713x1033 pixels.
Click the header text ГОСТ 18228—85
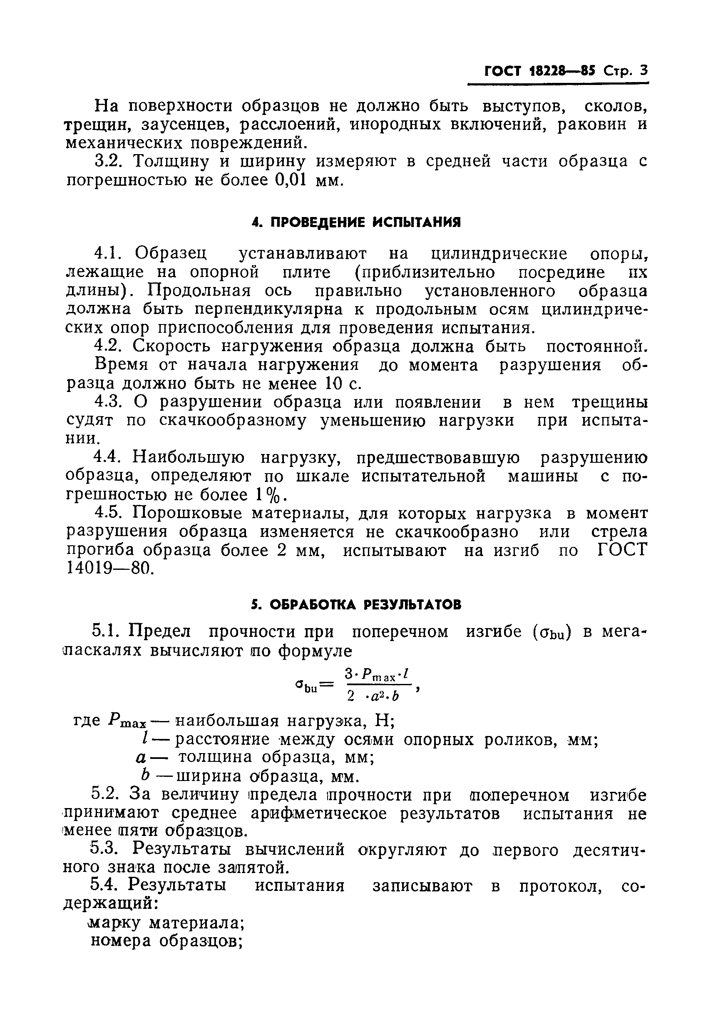(x=540, y=72)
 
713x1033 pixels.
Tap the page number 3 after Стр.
(x=643, y=71)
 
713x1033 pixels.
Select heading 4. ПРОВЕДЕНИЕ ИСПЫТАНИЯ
(x=355, y=222)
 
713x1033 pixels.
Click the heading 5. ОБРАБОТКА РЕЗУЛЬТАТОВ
(x=355, y=605)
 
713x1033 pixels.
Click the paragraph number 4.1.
(x=106, y=254)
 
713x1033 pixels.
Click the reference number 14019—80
(x=109, y=568)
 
